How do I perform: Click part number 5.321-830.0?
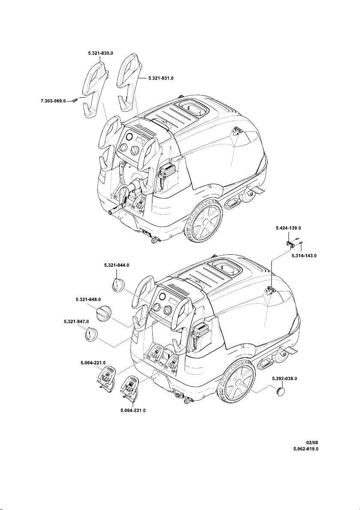(x=101, y=53)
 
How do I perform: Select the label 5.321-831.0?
(x=161, y=78)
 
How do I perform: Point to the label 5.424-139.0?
(x=288, y=228)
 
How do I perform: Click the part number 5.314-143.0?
(x=304, y=256)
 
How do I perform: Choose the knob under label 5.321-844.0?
(x=118, y=285)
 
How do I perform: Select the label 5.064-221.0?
(x=93, y=363)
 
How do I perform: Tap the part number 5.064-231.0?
(x=133, y=411)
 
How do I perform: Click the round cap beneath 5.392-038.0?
(x=281, y=391)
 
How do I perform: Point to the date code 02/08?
(x=312, y=443)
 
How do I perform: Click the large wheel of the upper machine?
(x=203, y=222)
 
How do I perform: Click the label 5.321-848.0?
(x=88, y=299)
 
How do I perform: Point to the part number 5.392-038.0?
(x=285, y=379)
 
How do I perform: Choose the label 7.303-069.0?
(x=53, y=101)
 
